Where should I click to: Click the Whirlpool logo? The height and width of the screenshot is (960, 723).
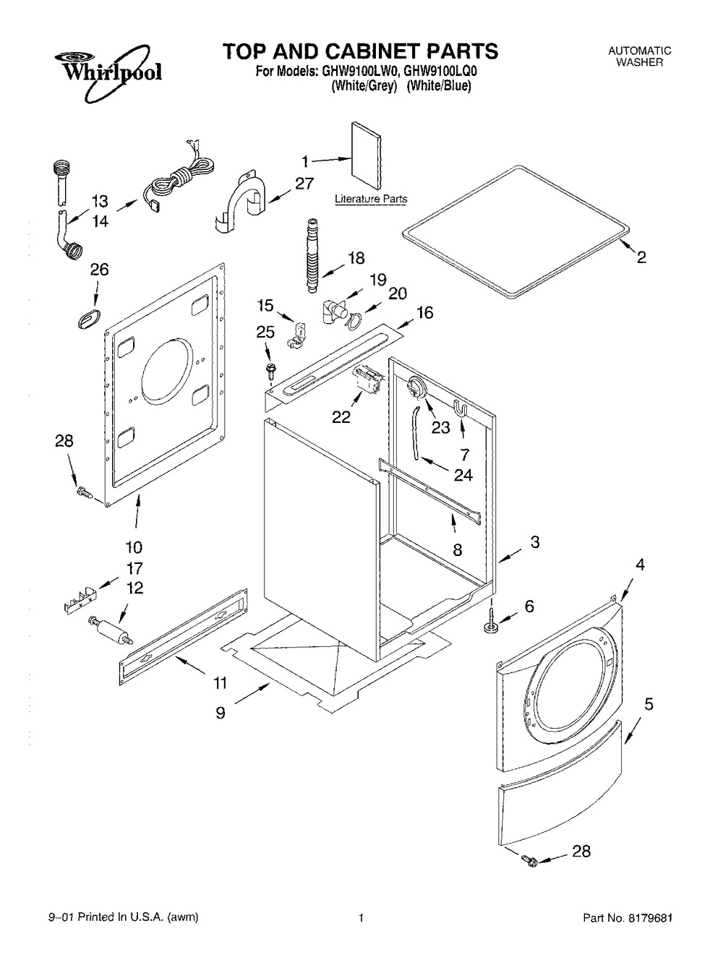(107, 72)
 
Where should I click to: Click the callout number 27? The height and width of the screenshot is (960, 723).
(304, 184)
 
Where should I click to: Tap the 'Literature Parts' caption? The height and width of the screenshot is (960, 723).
(370, 199)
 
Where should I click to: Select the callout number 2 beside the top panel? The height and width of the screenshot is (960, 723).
(641, 257)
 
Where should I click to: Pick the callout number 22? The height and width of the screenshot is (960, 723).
(341, 417)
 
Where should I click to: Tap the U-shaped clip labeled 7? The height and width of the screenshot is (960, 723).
(462, 408)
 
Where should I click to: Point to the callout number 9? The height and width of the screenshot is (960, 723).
(221, 713)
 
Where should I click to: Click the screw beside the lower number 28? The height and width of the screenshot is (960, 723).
(530, 860)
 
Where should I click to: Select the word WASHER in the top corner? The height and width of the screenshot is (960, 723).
(639, 62)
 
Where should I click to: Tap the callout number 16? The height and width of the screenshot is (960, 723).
(424, 312)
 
